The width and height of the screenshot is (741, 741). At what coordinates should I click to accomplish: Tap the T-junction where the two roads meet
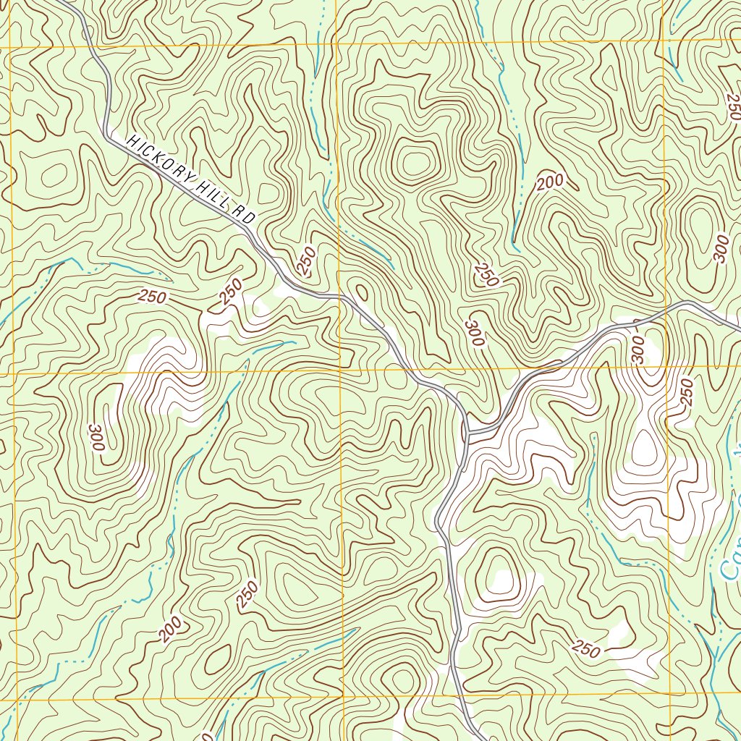click(x=468, y=433)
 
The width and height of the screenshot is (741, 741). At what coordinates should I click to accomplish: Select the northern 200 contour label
click(x=550, y=184)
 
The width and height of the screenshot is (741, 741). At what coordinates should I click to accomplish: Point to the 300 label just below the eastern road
click(x=637, y=348)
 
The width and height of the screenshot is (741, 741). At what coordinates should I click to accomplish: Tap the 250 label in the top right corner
click(x=732, y=107)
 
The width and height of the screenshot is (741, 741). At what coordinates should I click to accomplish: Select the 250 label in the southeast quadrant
click(x=585, y=649)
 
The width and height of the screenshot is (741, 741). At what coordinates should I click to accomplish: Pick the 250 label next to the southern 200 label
click(x=247, y=593)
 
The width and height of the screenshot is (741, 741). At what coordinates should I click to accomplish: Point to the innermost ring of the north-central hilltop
click(x=415, y=162)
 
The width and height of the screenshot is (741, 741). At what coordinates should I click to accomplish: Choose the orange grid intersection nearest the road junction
click(x=340, y=370)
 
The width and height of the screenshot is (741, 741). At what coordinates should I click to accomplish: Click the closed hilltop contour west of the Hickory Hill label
click(x=52, y=174)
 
